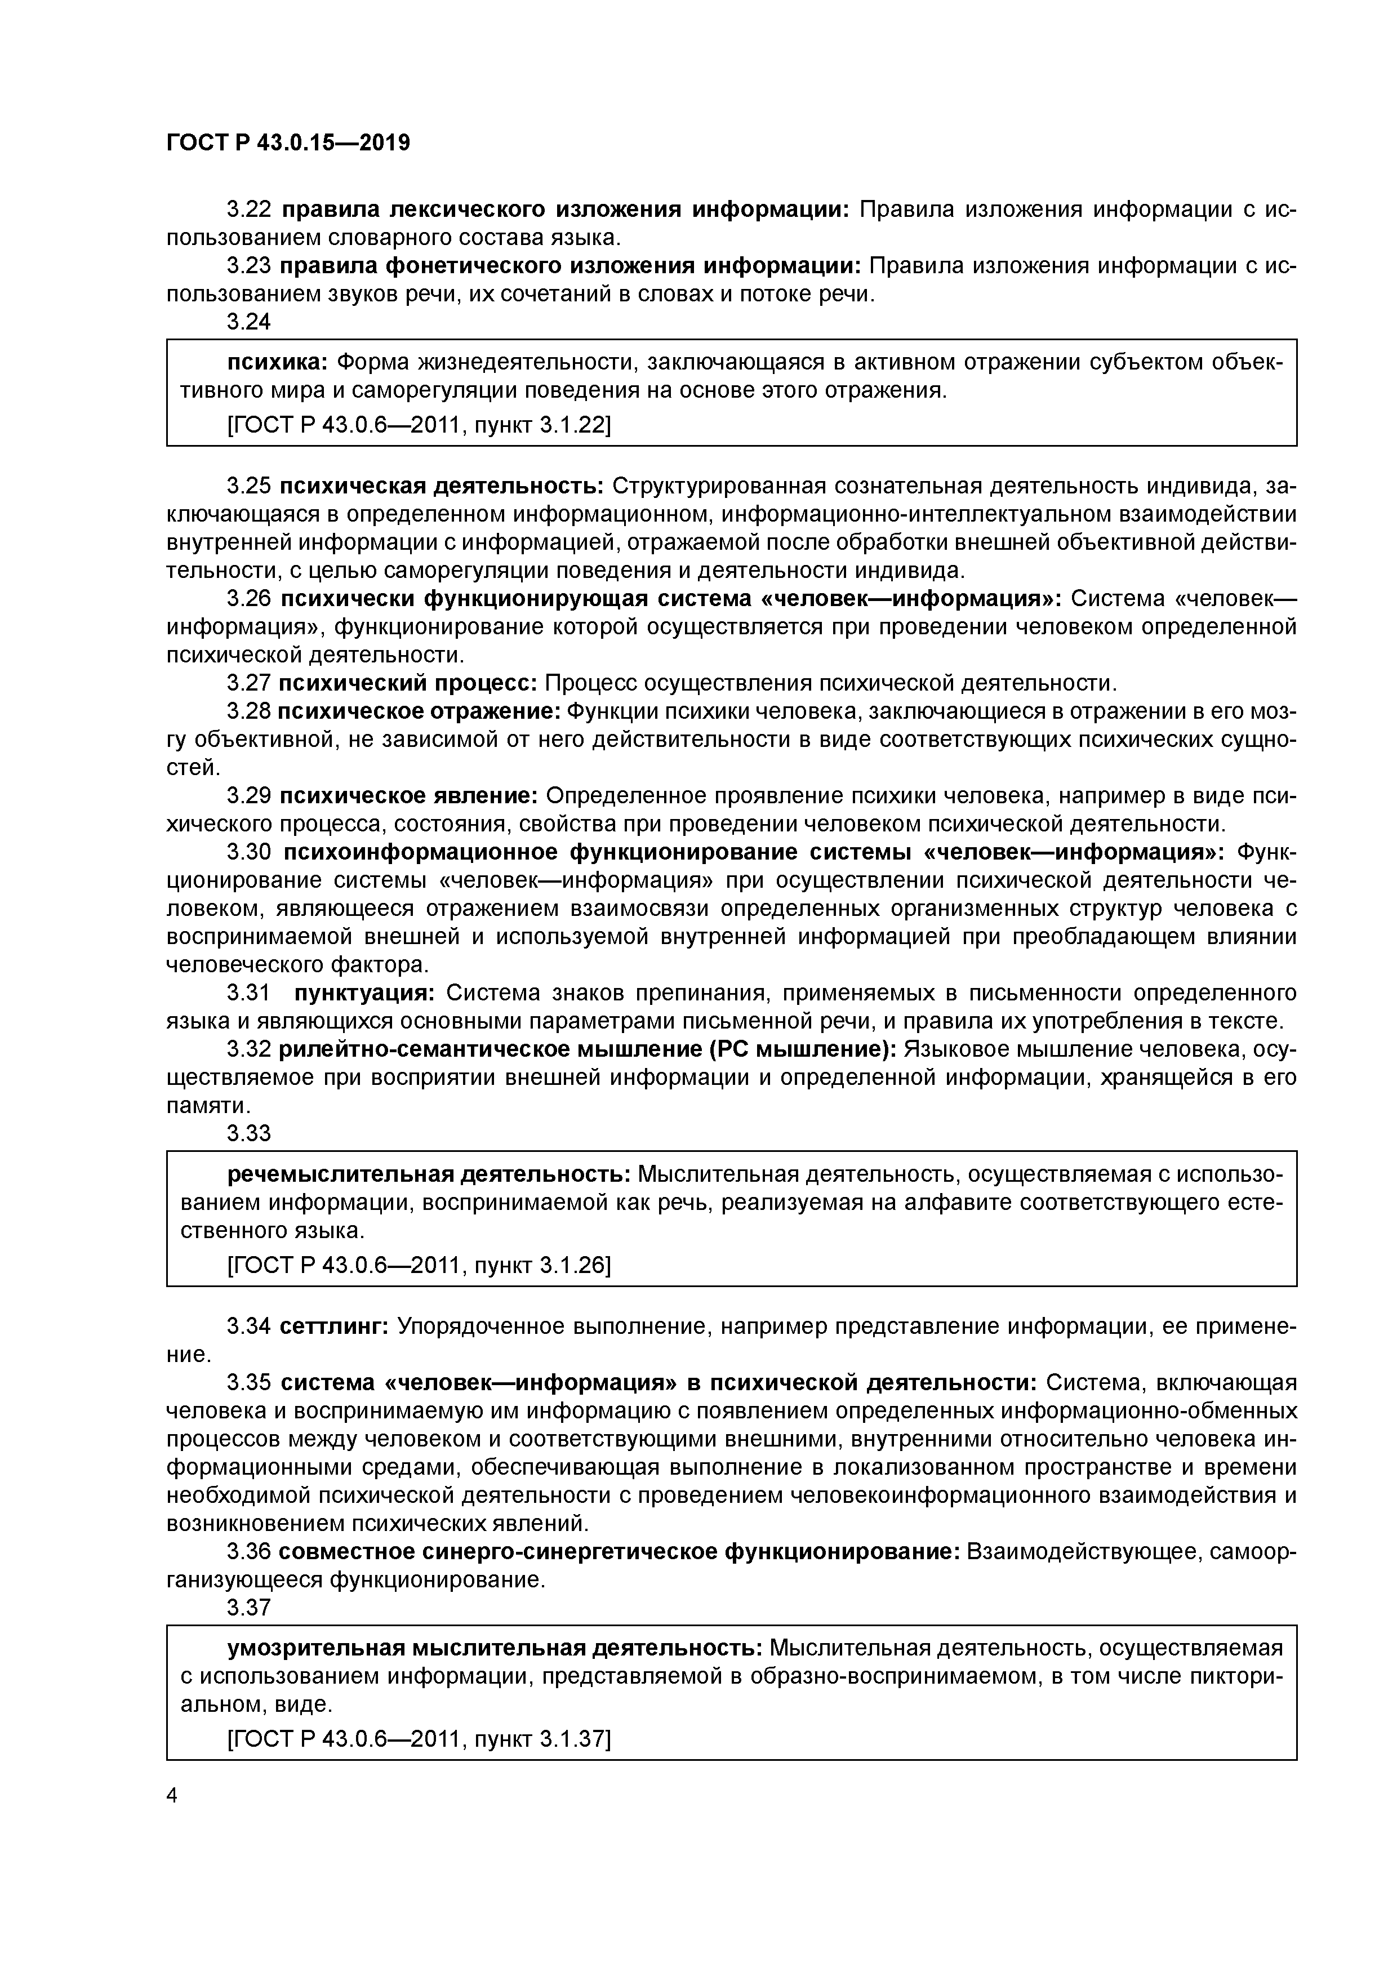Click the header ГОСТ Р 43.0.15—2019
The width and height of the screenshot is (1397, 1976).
point(287,143)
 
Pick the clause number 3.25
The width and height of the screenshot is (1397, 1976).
point(249,486)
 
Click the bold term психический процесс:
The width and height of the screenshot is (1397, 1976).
point(408,683)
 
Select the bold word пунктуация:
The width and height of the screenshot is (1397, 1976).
point(365,993)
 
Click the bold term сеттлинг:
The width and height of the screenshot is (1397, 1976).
point(334,1326)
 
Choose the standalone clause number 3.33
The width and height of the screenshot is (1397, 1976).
point(249,1133)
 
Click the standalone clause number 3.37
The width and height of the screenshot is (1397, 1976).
point(249,1608)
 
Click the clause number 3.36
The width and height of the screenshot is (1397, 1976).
point(249,1552)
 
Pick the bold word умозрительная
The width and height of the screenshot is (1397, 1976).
point(316,1648)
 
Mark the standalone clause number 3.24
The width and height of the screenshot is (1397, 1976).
point(249,321)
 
